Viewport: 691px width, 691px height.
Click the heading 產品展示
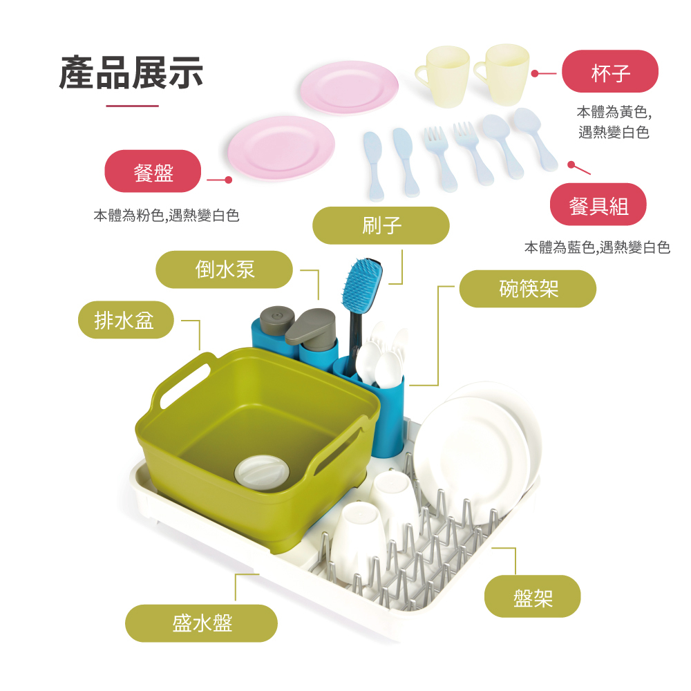point(131,73)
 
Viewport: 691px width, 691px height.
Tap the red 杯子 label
point(610,72)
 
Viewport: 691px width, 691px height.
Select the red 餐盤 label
point(153,171)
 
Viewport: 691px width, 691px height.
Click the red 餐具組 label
point(598,205)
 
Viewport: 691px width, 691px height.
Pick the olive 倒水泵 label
point(225,269)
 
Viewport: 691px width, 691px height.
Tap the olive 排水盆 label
point(125,320)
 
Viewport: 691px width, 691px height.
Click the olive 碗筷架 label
point(528,289)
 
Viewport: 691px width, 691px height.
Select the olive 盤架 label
point(532,596)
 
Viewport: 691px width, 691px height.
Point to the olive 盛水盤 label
point(201,623)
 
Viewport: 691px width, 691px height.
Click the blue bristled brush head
point(361,283)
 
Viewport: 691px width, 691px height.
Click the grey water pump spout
point(310,327)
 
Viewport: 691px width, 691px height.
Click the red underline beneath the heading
point(132,106)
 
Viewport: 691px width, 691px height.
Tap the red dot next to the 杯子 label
point(534,73)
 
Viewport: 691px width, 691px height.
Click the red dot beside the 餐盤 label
point(229,180)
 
